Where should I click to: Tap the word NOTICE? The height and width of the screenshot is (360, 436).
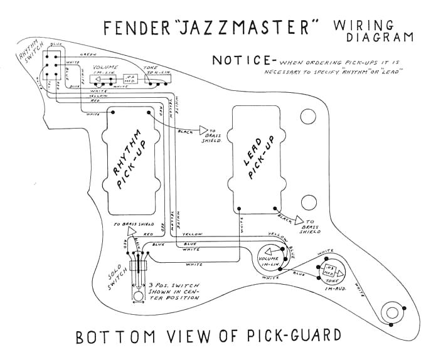pos(238,61)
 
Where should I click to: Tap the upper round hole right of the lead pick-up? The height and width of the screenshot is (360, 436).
pos(308,116)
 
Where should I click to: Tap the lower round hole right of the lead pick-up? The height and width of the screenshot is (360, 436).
pos(308,202)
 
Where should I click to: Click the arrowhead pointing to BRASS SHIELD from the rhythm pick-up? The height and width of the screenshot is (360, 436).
pos(203,130)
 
